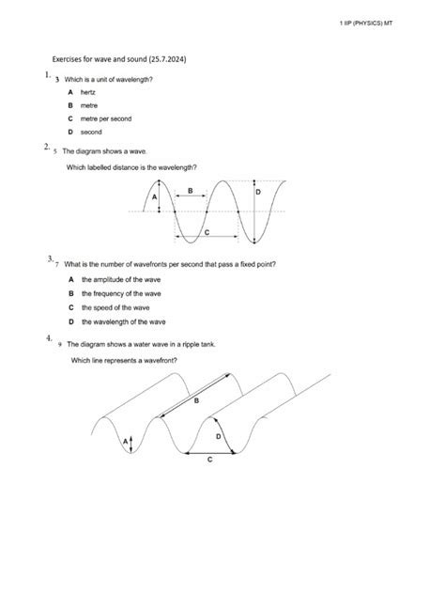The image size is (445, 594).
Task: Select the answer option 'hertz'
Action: (88, 93)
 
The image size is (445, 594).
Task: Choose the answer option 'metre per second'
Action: (106, 119)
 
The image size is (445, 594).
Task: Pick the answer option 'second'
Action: (91, 133)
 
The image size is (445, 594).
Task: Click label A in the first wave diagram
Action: (154, 196)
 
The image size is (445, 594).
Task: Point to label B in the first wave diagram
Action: (191, 190)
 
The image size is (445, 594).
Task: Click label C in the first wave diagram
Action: (206, 231)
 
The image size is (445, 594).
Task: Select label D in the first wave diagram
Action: (258, 191)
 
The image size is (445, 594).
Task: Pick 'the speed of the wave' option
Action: (115, 307)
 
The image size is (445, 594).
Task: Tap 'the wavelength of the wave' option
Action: (123, 321)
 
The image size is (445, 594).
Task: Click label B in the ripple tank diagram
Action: (197, 400)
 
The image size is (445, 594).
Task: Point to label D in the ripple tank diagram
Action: (219, 436)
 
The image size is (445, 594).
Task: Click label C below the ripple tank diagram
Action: (209, 460)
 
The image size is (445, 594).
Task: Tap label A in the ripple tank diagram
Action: (123, 440)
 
